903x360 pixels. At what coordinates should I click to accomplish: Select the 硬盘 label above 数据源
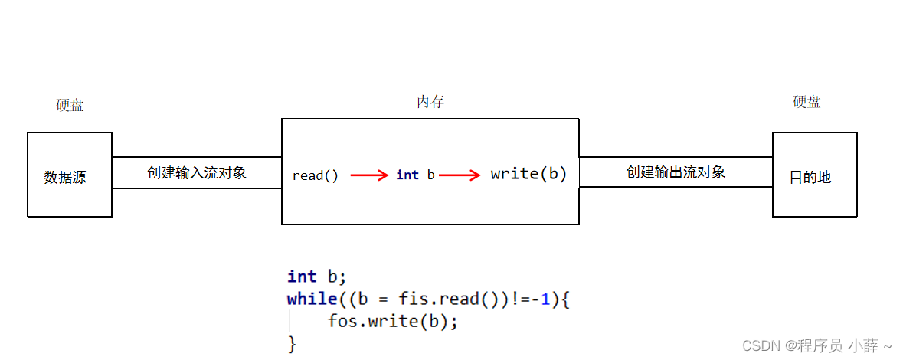(70, 106)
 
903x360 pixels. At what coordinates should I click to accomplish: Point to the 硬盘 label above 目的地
(806, 103)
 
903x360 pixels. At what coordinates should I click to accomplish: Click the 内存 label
(430, 102)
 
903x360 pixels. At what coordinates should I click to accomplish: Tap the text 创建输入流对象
(197, 172)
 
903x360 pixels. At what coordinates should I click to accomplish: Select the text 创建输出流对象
(676, 172)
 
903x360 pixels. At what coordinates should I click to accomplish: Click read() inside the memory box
(315, 175)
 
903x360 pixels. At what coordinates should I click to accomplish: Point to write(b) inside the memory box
(528, 174)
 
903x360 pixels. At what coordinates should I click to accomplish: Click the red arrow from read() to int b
(369, 175)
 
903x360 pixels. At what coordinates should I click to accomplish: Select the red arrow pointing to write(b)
(460, 175)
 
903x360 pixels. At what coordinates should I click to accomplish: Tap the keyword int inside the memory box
(407, 175)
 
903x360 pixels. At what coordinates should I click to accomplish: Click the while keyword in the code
(312, 299)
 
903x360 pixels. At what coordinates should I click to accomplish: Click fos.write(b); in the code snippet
(392, 322)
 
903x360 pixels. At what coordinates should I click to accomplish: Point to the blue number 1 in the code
(545, 299)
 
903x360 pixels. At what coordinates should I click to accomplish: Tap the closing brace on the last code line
(291, 344)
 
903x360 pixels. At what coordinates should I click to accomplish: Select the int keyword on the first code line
(302, 277)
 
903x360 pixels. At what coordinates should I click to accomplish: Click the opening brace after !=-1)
(565, 299)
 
